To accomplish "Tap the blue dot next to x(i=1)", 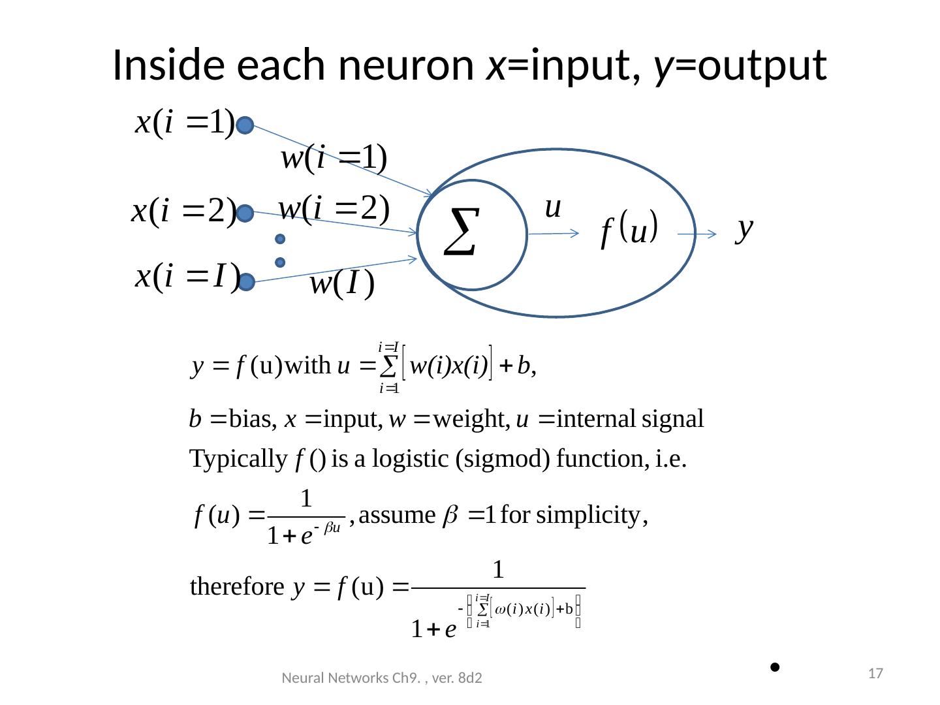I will coord(245,126).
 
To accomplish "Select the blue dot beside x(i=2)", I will coord(245,213).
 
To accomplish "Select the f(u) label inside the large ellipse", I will coord(628,229).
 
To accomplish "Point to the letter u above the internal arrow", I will coord(552,208).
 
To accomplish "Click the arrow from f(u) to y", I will coord(697,234).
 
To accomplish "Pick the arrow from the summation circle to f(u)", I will coord(554,234).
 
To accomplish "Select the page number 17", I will coord(877,673).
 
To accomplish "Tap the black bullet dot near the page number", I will coord(774,667).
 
